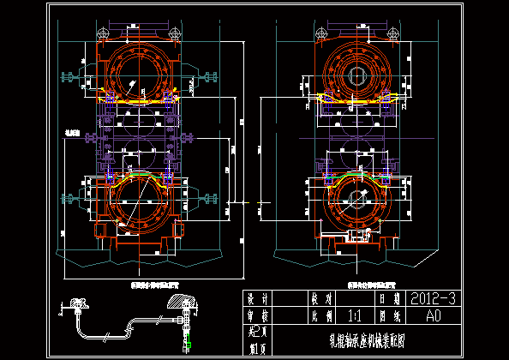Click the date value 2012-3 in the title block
(x=428, y=299)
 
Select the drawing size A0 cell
(x=432, y=315)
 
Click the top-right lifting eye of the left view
(x=176, y=34)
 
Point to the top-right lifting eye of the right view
(x=393, y=34)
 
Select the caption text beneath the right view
(x=364, y=280)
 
